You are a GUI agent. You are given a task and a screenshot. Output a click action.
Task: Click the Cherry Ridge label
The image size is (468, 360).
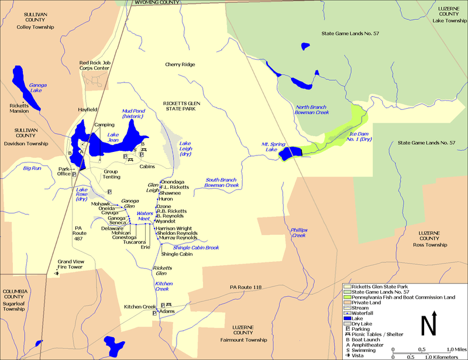point(180,64)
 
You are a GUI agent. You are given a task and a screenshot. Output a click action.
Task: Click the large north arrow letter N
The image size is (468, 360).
point(430,323)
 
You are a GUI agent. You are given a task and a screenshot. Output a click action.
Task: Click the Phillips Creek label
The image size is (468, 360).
point(298,232)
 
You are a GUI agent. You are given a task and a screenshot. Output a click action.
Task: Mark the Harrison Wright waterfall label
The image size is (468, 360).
point(174,229)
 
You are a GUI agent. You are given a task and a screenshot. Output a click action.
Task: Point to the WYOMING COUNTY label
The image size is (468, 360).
point(157,3)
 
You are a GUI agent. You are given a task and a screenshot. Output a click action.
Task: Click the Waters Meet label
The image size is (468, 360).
point(144,216)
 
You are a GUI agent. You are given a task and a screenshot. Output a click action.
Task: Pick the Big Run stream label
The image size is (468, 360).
point(32,168)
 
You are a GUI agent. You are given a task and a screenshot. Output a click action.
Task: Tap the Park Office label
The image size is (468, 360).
point(64,171)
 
